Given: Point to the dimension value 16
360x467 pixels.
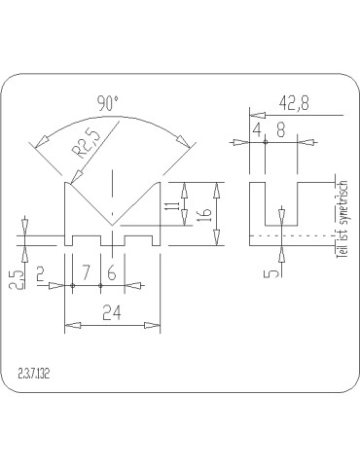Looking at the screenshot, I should coord(203,215).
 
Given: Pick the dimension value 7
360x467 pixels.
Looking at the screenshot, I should coord(89,274).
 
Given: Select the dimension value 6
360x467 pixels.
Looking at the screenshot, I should coord(112,274).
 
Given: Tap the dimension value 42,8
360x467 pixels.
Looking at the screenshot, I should coord(295,102).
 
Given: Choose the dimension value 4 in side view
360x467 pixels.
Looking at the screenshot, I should coord(257,129).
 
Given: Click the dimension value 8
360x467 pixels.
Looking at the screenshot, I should coord(279,129).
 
